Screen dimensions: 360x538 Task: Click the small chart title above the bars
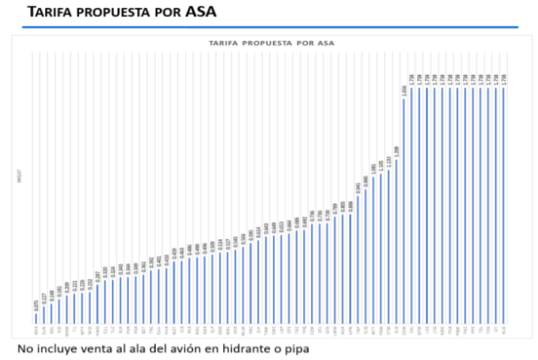(272, 42)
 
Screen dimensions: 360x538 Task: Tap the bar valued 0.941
(358, 259)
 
